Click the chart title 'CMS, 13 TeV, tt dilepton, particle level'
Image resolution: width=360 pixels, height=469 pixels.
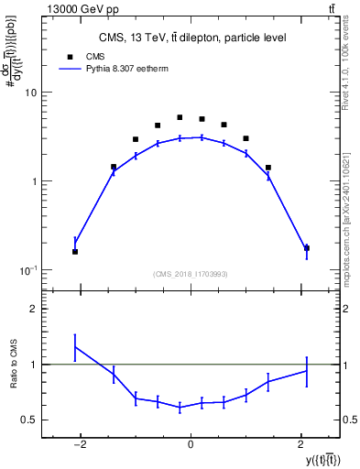coord(192,38)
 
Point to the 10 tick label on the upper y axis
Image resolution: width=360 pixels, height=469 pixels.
coord(30,93)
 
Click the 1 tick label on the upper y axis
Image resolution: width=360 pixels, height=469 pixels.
coord(33,181)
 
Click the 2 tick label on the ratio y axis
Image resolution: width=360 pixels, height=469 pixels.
coord(33,310)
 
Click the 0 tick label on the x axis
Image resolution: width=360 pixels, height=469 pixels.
coord(191,447)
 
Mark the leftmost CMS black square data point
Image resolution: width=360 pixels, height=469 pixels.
coord(75,252)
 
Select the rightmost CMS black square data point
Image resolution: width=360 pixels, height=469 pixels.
coord(307,248)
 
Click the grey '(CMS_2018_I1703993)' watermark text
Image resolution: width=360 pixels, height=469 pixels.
coord(191,273)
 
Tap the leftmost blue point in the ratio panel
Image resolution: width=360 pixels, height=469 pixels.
coord(75,347)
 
